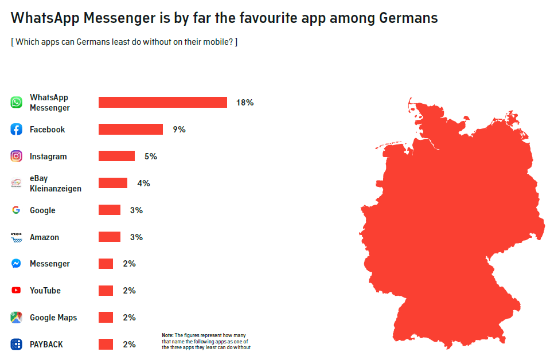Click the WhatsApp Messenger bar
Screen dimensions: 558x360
tap(163, 103)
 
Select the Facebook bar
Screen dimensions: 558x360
tap(131, 130)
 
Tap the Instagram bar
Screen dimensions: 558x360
tap(117, 156)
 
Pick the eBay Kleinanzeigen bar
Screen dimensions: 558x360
tap(113, 183)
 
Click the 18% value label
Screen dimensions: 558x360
tap(245, 103)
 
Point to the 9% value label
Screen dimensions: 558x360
tap(180, 130)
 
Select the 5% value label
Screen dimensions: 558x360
tap(151, 156)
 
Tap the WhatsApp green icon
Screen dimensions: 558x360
tap(16, 102)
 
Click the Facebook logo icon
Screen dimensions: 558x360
tap(16, 129)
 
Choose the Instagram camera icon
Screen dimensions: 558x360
tap(16, 156)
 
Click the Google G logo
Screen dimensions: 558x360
tap(16, 210)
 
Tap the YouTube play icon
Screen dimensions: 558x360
tap(16, 290)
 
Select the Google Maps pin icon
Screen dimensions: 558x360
tap(16, 318)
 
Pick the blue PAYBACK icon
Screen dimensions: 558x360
tap(16, 345)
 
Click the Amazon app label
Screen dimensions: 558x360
tap(45, 237)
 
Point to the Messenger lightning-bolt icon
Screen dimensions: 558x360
tap(16, 263)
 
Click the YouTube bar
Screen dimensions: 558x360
tap(106, 291)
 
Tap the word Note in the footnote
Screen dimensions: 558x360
tap(167, 335)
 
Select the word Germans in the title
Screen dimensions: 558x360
tap(408, 18)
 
